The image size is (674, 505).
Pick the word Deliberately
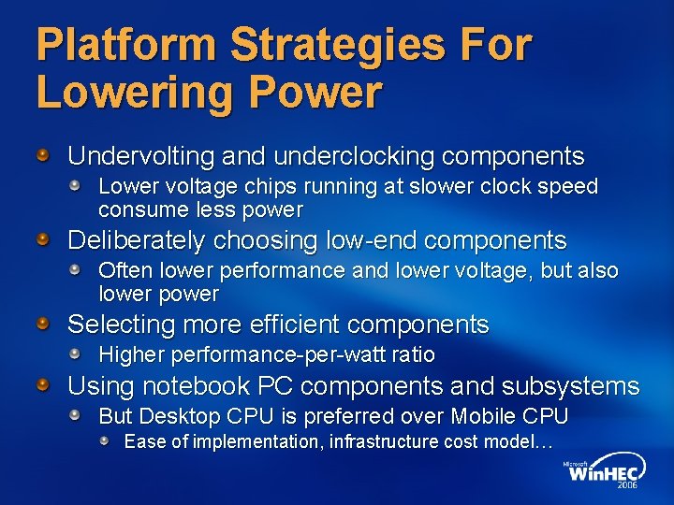(137, 240)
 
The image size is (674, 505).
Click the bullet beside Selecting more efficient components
(43, 324)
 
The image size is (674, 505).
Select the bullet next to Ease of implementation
(107, 440)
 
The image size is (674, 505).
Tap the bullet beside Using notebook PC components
(43, 384)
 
